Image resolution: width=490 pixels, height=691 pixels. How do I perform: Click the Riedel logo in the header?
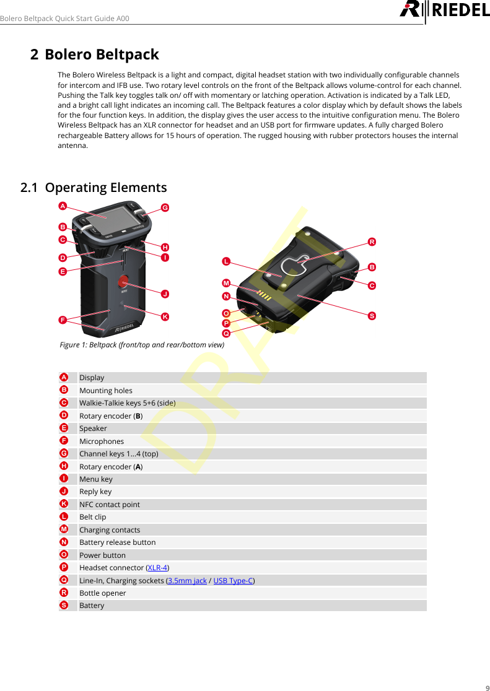point(444,11)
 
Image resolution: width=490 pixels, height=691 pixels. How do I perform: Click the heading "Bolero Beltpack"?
point(102,54)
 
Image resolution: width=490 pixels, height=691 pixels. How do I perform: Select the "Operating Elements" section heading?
point(105,187)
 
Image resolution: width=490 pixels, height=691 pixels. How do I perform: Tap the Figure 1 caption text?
point(142,345)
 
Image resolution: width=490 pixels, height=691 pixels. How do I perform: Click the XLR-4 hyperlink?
point(157,568)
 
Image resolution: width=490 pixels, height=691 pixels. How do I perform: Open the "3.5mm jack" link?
point(187,580)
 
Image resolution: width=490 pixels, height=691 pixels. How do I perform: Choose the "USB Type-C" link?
point(233,580)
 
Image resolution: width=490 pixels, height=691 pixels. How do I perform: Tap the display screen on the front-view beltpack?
point(105,218)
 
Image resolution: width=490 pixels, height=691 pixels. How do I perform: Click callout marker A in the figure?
point(63,204)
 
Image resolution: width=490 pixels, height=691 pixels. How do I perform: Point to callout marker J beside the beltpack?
point(165,293)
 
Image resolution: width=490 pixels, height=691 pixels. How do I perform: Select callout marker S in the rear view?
point(372,316)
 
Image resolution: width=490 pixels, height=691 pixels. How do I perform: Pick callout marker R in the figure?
point(372,241)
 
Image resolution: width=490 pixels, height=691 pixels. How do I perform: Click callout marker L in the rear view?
point(227,262)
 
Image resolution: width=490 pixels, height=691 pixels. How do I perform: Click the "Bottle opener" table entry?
point(102,593)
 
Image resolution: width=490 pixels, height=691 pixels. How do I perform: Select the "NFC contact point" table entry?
point(110,505)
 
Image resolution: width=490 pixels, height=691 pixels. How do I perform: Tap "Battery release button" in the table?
point(117,542)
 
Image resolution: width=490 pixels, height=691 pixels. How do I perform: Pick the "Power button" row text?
point(102,555)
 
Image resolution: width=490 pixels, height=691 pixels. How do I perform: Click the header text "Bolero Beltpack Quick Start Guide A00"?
point(64,18)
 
